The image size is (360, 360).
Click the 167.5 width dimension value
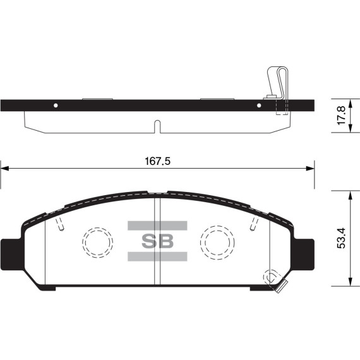157,161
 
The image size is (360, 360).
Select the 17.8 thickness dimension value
342,115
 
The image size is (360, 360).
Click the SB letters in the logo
157,241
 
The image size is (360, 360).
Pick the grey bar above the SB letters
157,225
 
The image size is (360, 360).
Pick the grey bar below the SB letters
157,256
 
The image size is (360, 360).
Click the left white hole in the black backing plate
56,105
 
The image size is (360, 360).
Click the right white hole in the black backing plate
258,105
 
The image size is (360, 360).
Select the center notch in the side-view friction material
157,126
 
